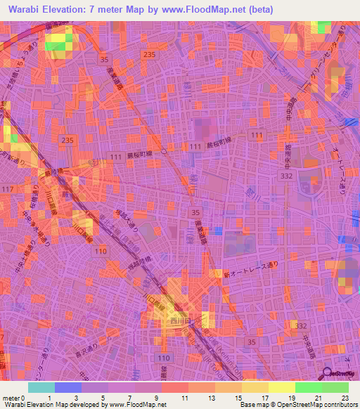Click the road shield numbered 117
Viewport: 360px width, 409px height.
pos(8,189)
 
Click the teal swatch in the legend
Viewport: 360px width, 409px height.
pos(41,387)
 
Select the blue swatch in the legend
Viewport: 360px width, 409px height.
pos(67,387)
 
